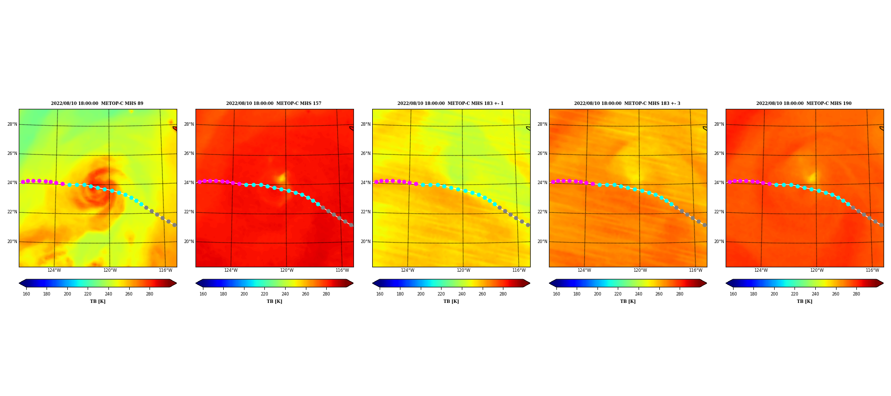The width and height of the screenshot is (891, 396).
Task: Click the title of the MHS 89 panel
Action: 97,103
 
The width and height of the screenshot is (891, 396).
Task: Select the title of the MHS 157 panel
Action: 274,103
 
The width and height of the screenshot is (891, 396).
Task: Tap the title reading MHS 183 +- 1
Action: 450,103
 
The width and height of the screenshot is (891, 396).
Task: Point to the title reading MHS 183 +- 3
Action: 627,103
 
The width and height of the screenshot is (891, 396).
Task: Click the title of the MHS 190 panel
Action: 804,103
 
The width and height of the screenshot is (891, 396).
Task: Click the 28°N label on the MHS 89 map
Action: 12,124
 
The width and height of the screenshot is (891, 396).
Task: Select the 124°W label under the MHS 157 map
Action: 231,270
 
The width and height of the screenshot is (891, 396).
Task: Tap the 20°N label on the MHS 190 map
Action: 719,242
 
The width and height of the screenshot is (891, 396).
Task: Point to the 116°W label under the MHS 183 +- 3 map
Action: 695,270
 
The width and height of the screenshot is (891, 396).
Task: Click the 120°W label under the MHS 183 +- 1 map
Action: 463,270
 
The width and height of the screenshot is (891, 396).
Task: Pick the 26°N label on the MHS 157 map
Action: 189,153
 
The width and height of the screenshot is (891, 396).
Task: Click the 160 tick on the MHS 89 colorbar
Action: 26,294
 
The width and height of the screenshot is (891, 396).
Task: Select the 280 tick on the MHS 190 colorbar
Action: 856,294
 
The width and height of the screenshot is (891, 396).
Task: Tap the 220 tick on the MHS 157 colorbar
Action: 264,294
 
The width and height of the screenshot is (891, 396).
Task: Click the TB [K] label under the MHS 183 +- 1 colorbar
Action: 451,301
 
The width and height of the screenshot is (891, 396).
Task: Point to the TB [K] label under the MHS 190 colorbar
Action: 804,301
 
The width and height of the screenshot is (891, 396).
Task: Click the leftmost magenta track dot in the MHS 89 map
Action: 23,182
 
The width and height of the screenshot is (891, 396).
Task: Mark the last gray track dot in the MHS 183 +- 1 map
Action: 528,225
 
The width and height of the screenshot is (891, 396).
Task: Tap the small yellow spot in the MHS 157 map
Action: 281,177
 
